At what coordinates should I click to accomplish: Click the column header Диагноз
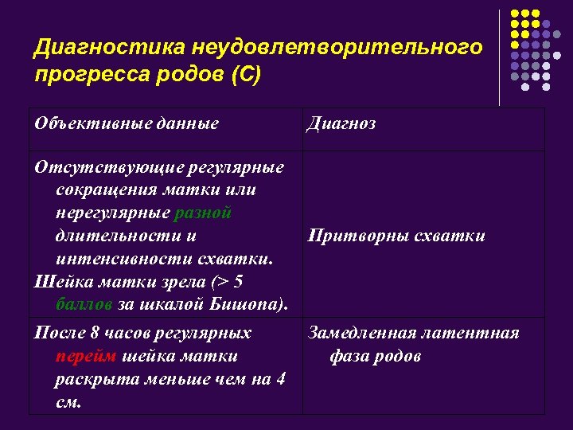click(341, 123)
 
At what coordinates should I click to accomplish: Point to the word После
click(59, 333)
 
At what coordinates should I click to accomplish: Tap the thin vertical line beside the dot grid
click(500, 56)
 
